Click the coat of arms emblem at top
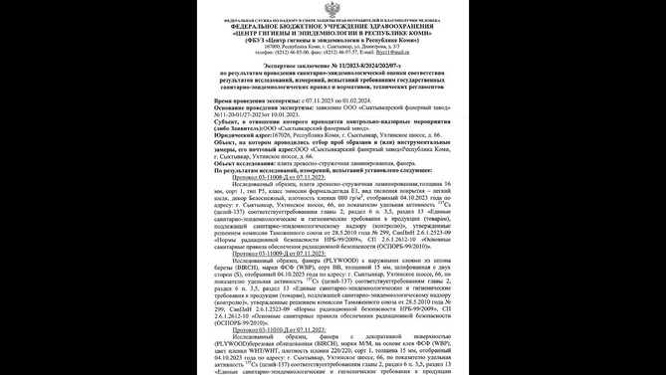click(333, 9)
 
